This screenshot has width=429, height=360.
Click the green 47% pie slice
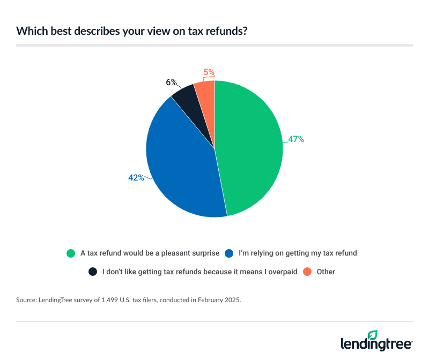[x=249, y=150]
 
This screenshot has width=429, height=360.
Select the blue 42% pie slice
[x=180, y=161]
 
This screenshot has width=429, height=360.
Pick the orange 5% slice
[x=205, y=90]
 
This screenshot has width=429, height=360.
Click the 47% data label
[x=296, y=139]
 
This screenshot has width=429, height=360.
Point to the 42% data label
[x=136, y=177]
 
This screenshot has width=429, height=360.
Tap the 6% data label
[x=171, y=82]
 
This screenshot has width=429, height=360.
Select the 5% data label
[x=209, y=71]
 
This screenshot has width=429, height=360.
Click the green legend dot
[x=70, y=253]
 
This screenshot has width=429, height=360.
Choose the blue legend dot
[x=228, y=253]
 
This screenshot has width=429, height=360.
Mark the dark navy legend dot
[x=93, y=272]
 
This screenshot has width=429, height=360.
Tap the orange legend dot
[x=307, y=272]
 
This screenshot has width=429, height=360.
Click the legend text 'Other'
[x=326, y=272]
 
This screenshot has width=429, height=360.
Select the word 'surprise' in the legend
[x=198, y=253]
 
